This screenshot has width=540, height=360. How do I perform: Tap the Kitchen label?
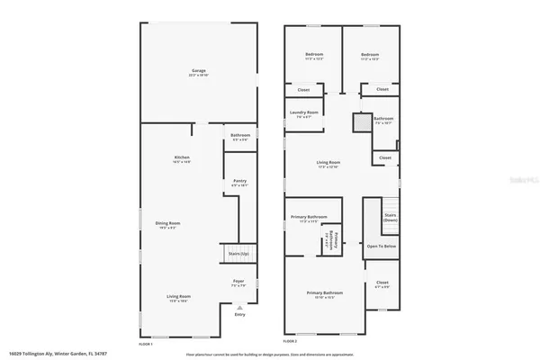tap(182, 157)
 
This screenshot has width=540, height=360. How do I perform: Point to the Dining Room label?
tap(168, 223)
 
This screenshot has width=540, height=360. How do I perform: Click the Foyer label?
tap(239, 282)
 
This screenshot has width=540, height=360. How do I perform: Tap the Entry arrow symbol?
tap(239, 306)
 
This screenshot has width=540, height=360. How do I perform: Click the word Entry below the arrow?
tap(239, 314)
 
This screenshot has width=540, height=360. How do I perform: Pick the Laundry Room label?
tap(305, 112)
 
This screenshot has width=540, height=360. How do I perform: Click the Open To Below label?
tap(382, 246)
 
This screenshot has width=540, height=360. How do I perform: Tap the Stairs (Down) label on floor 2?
tap(391, 218)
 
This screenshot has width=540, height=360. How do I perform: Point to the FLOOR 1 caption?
tap(145, 343)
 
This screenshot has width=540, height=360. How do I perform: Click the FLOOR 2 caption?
tap(290, 343)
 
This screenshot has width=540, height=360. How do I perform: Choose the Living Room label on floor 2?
tap(328, 163)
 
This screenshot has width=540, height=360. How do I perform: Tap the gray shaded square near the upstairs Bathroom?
tap(362, 122)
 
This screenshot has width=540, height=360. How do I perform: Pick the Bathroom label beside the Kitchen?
tap(240, 135)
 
